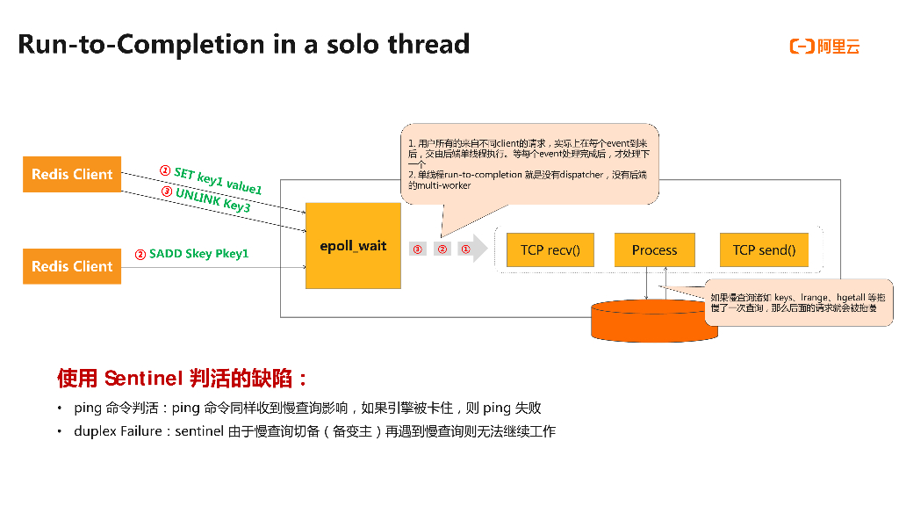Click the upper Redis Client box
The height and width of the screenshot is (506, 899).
point(72,174)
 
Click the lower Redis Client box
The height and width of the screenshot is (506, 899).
point(72,266)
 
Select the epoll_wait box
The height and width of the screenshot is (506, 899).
point(353,246)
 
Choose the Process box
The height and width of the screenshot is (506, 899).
point(654,250)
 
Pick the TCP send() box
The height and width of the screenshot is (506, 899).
point(764,250)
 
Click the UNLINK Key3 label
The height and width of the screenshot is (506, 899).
point(212,200)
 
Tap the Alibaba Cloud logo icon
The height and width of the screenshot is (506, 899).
point(802,47)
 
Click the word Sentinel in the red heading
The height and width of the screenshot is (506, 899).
point(142,379)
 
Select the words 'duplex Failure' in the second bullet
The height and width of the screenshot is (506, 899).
point(118,431)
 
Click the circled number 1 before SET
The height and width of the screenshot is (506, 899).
point(164,170)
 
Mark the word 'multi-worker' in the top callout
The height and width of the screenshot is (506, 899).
point(445,185)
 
